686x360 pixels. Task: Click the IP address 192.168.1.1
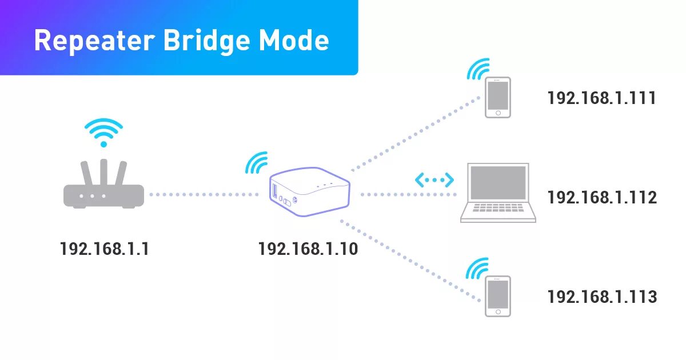coord(104,249)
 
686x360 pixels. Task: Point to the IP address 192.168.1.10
coord(308,249)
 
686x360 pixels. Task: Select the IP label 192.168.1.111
coord(601,98)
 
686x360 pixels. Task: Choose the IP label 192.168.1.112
coord(601,198)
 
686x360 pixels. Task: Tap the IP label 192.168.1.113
coord(601,297)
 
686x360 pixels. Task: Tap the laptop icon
coord(498,193)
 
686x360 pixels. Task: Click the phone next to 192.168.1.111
coord(497,98)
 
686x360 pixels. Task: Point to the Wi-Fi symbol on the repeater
coord(257,163)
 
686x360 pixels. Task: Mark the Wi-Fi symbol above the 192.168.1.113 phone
coord(478,268)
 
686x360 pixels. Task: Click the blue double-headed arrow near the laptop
coord(434,180)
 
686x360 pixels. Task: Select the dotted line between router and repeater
coord(203,195)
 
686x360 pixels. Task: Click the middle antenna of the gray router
coord(103,172)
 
